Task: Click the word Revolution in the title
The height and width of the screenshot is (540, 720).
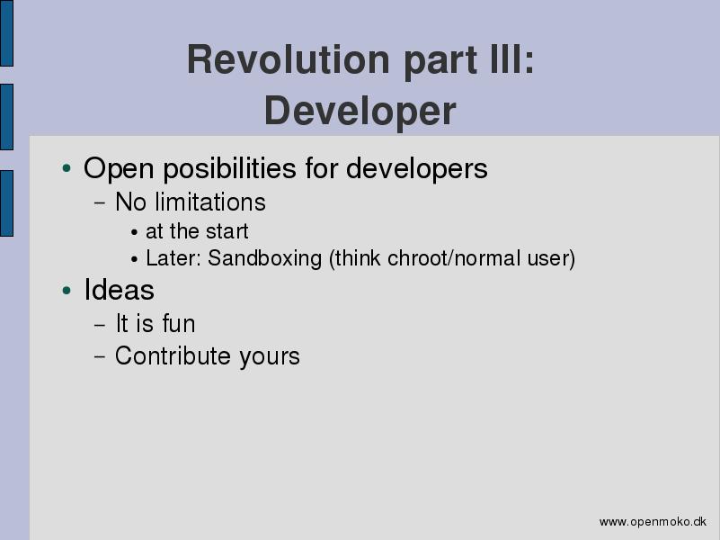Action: coord(289,59)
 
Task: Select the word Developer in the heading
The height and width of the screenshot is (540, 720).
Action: coord(360,112)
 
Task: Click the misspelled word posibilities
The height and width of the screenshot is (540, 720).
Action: coord(229,168)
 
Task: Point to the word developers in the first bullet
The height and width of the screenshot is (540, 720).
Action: coord(416,168)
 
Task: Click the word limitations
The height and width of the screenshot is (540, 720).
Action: coord(210,202)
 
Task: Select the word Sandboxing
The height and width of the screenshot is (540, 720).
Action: coord(264,258)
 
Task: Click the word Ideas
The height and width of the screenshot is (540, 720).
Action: coord(119,290)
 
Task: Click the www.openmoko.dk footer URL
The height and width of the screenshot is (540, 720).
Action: coord(653,522)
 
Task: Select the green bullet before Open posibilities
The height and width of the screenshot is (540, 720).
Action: coord(67,168)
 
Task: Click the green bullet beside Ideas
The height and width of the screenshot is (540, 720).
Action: coord(67,291)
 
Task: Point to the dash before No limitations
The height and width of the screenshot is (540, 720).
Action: coord(100,202)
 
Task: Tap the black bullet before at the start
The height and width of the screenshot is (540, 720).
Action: coord(134,232)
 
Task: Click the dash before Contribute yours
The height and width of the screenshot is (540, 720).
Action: coord(100,356)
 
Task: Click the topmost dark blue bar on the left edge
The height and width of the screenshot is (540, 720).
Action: coord(6,33)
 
